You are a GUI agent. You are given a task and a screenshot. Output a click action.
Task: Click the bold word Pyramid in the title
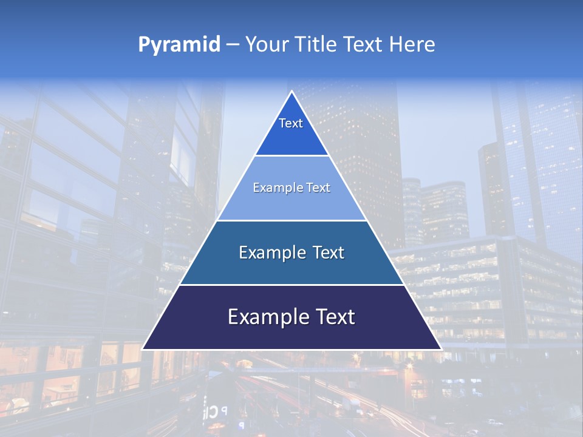179,44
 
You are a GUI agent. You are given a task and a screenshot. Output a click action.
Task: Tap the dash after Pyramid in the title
233,44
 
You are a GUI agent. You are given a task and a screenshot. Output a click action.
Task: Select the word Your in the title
266,44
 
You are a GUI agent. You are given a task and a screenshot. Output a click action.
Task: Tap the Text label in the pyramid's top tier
291,123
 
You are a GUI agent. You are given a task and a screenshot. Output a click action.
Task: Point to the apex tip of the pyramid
291,92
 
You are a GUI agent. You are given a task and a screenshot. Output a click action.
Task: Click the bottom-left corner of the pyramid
143,349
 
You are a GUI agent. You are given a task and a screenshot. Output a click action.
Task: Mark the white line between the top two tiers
291,155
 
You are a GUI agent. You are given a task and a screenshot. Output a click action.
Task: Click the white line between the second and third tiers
291,220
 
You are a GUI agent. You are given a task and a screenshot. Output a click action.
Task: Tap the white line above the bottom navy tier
291,285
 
